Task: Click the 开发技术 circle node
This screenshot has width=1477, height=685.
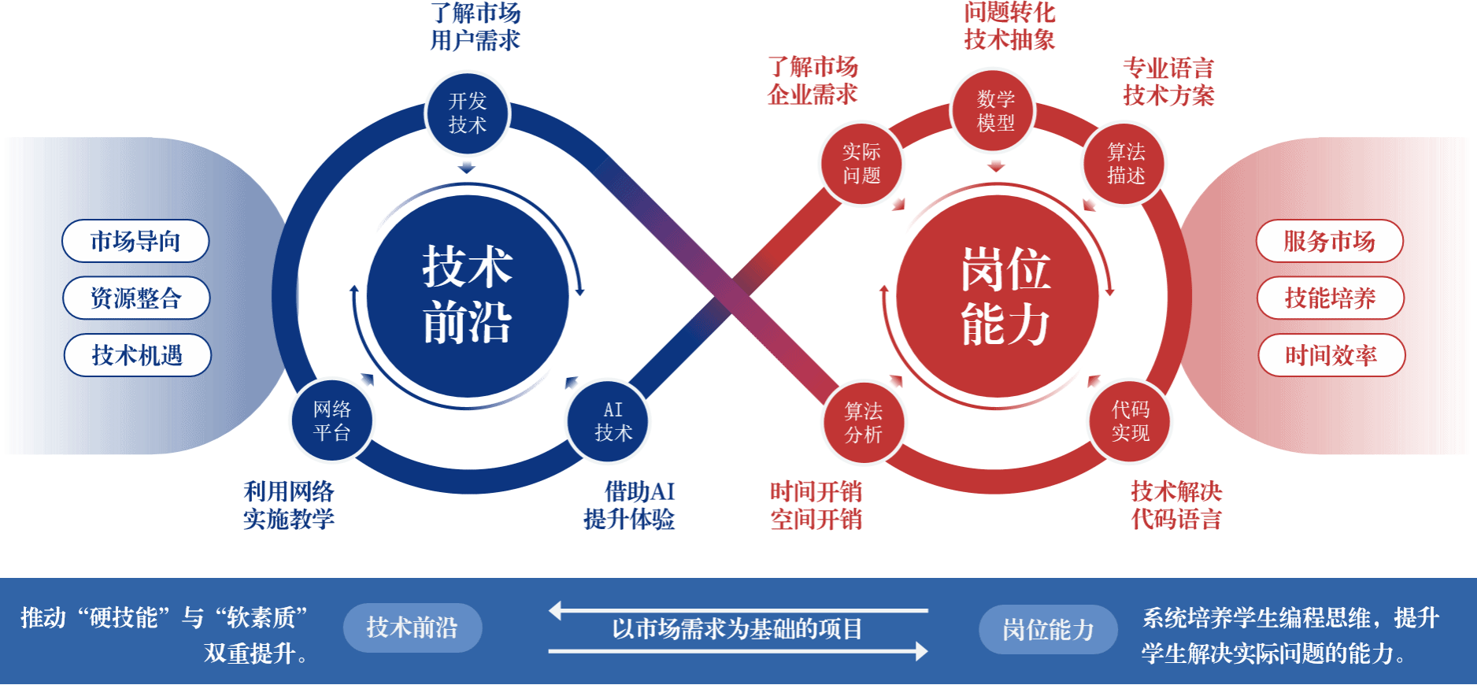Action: (x=468, y=113)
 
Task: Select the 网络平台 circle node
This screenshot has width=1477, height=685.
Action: (x=331, y=421)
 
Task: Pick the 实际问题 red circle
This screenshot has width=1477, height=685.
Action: (x=861, y=164)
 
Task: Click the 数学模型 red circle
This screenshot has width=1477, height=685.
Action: (x=995, y=111)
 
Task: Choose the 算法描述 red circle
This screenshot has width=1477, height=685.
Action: (x=1126, y=164)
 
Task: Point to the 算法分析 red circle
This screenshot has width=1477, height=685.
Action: (x=864, y=423)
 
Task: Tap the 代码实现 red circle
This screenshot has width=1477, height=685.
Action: (x=1130, y=421)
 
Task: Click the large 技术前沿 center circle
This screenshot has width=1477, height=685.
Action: (x=468, y=295)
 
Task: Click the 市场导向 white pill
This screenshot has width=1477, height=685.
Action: (x=135, y=241)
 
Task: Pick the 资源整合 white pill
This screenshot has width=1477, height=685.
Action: (x=136, y=298)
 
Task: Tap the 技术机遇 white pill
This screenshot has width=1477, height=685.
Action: (x=137, y=355)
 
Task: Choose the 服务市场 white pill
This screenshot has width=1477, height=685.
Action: (x=1329, y=241)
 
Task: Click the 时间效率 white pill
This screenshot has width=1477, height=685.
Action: (x=1331, y=355)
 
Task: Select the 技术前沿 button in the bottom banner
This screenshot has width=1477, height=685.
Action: (x=412, y=628)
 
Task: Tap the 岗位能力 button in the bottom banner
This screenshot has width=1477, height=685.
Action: (x=1048, y=629)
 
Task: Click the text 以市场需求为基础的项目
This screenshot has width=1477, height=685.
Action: (x=737, y=629)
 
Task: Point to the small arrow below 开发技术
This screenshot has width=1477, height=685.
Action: (x=467, y=167)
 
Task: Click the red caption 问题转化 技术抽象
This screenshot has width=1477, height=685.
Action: (x=1009, y=26)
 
